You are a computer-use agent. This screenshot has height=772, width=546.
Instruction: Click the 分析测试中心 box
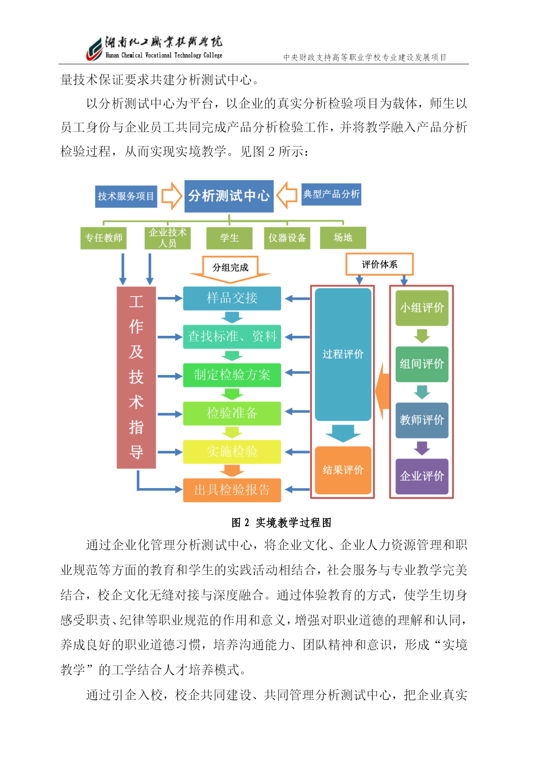229,196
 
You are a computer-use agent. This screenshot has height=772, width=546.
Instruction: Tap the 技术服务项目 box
126,196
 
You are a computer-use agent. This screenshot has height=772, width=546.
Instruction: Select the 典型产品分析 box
331,194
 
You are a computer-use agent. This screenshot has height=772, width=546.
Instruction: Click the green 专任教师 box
103,238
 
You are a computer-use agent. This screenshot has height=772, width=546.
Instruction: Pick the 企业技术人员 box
168,238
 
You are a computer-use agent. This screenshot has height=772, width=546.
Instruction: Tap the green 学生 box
229,238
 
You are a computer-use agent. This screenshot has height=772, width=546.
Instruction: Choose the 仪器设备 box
287,238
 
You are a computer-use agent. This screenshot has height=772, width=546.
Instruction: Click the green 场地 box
343,238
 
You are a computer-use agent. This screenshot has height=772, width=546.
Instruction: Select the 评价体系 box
380,264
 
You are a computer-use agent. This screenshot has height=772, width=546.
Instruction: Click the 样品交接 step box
232,298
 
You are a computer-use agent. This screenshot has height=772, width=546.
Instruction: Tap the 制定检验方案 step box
232,375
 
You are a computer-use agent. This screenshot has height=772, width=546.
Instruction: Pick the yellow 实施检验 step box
232,452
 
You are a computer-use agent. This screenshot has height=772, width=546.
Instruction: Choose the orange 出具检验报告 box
232,490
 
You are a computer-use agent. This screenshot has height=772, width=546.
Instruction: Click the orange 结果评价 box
343,470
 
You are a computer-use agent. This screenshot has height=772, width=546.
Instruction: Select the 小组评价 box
422,308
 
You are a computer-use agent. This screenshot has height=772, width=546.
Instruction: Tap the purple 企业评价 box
422,476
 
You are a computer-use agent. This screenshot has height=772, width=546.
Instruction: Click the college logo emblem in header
94,49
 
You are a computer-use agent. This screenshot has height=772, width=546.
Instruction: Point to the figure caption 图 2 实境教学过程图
282,522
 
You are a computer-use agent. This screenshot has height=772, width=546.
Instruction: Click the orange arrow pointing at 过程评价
382,392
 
